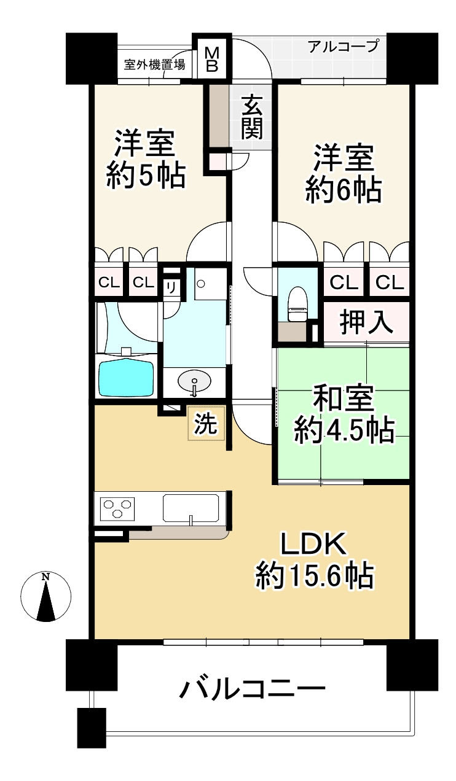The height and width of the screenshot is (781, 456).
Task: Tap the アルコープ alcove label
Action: tap(344, 46)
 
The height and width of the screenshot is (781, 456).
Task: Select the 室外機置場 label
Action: tap(154, 64)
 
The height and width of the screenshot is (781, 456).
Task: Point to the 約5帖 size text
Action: tap(146, 176)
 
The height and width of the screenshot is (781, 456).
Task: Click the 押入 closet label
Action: tap(367, 323)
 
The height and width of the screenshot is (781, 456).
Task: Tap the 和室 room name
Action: tap(343, 398)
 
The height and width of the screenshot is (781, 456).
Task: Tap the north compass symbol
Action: tap(46, 597)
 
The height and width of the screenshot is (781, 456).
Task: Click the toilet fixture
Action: tap(297, 304)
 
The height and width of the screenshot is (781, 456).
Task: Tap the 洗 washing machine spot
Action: tap(206, 424)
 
